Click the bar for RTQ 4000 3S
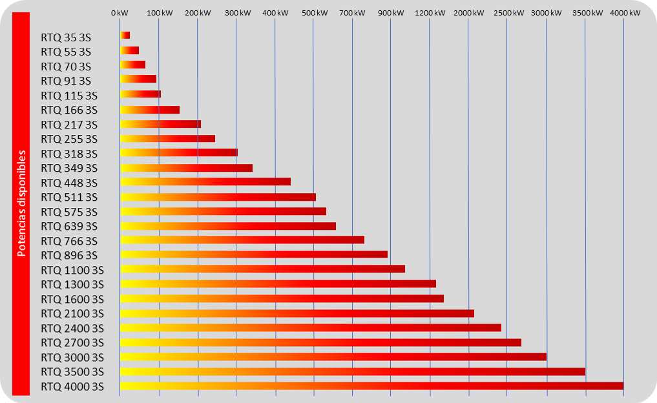click(x=371, y=386)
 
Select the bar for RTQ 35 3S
click(x=125, y=35)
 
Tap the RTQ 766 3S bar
click(x=242, y=240)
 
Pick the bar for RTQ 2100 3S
click(x=297, y=313)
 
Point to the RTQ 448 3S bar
click(x=205, y=181)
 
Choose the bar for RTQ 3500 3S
click(x=352, y=371)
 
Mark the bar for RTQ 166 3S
click(x=150, y=110)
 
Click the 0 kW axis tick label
click(x=120, y=13)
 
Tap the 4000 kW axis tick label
click(x=623, y=13)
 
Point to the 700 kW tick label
click(x=352, y=13)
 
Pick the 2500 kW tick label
click(x=507, y=13)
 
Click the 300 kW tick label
click(x=236, y=13)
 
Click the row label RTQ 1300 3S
click(x=72, y=284)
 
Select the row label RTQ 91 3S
click(x=66, y=81)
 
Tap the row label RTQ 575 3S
click(x=69, y=212)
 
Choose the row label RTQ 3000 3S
click(x=72, y=357)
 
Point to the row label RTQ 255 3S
click(x=69, y=139)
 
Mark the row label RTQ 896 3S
click(x=69, y=255)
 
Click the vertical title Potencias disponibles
click(x=21, y=203)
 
